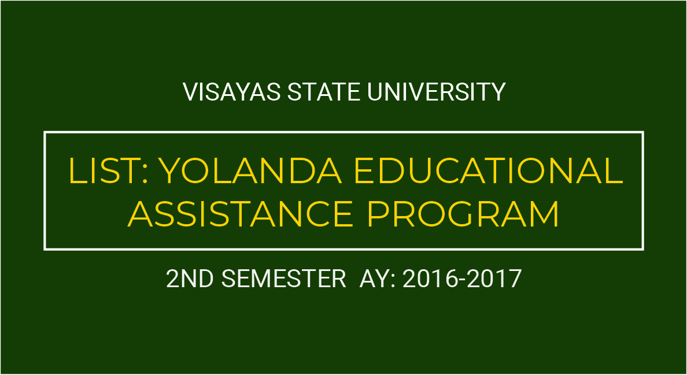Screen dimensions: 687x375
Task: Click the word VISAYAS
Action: (x=231, y=92)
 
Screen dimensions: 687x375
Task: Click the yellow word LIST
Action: (x=104, y=170)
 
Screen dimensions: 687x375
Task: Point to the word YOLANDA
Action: (x=250, y=170)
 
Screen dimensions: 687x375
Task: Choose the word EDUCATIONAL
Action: (x=489, y=170)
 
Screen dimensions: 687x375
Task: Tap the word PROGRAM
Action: (x=464, y=214)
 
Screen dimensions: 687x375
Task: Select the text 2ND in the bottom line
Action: (x=191, y=279)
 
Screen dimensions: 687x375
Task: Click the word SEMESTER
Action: (x=283, y=279)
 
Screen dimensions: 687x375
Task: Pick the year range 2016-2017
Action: (x=462, y=279)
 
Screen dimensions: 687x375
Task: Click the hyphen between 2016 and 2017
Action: (x=462, y=281)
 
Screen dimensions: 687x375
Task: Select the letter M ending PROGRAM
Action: (x=545, y=214)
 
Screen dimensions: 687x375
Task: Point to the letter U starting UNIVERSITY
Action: (x=375, y=92)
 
